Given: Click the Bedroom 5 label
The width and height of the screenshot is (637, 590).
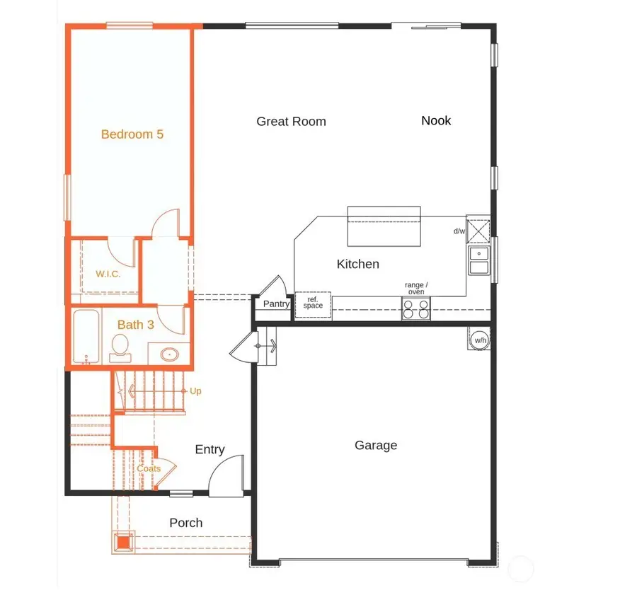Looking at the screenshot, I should click(x=132, y=134).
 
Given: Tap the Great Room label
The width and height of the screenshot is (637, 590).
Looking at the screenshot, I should click(x=291, y=122).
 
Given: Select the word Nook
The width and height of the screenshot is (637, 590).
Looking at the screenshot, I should click(x=436, y=120).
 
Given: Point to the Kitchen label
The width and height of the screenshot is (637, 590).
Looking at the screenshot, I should click(x=357, y=264).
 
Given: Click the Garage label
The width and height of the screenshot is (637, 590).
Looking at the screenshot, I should click(x=375, y=445).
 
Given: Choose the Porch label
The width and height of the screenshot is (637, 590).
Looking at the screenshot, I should click(x=186, y=523).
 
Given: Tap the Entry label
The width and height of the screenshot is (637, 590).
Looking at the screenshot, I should click(x=210, y=449).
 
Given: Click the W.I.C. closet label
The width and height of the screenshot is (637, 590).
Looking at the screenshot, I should click(x=108, y=274).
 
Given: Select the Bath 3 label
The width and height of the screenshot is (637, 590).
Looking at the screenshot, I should click(x=135, y=325).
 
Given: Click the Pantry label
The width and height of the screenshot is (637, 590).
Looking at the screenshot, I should click(x=276, y=304).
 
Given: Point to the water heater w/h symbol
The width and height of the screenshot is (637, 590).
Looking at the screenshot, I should click(x=481, y=340).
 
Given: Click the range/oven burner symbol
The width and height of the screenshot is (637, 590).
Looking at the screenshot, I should click(x=416, y=308).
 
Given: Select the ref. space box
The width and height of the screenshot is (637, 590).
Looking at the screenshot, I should click(x=313, y=304).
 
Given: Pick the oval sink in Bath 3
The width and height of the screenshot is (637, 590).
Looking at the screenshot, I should click(x=170, y=354).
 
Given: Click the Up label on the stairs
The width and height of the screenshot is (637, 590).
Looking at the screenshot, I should click(x=195, y=391).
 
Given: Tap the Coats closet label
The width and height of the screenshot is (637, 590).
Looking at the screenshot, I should click(x=149, y=468).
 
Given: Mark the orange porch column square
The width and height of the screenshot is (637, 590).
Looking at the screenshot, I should click(x=124, y=543).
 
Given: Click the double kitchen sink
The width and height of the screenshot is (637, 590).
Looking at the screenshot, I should click(x=478, y=260).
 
